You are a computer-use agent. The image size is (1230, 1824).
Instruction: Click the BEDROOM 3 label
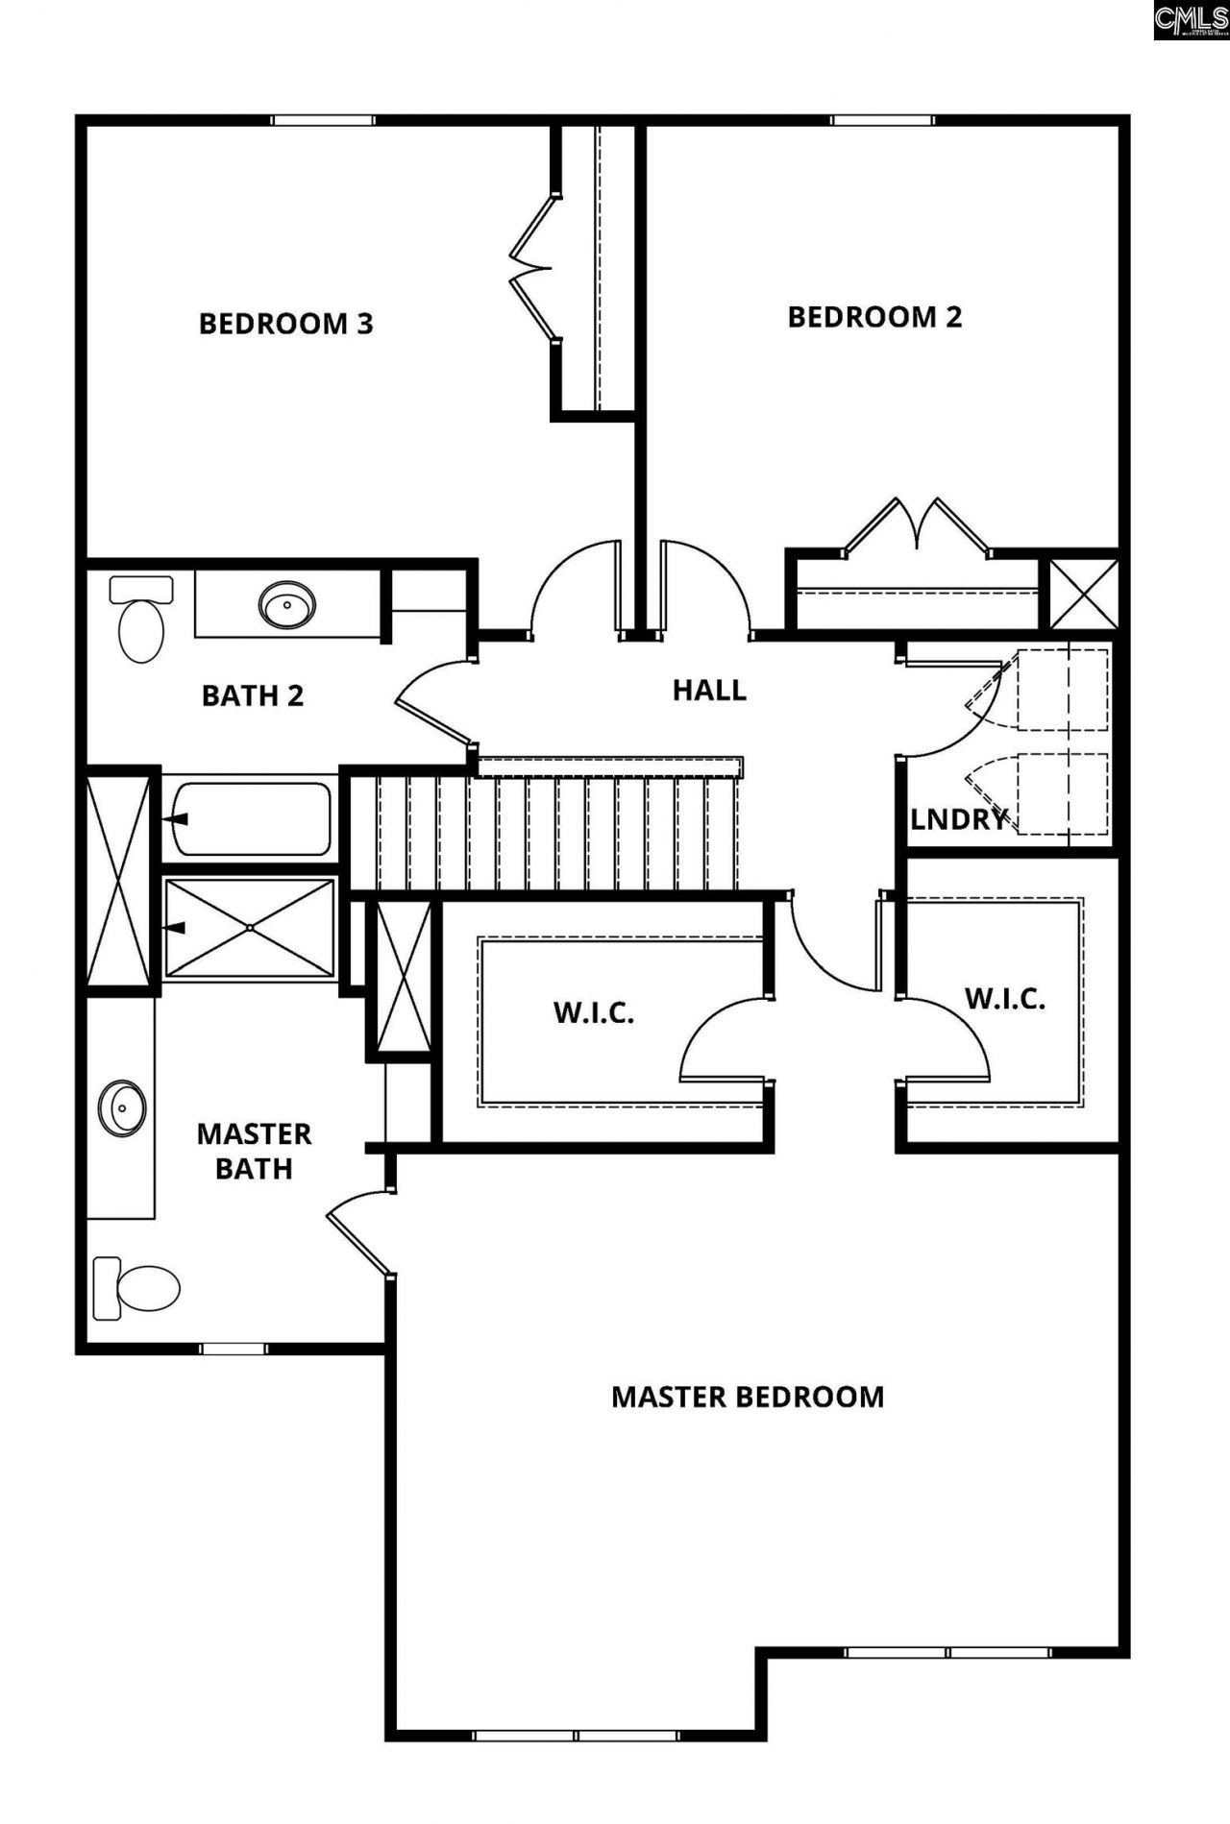(285, 324)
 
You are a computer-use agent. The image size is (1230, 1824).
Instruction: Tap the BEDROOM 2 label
(874, 317)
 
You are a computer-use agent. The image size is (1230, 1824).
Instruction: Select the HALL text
(709, 690)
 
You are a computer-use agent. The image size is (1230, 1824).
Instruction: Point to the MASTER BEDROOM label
(748, 1397)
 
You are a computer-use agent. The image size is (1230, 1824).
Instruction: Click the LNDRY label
(958, 819)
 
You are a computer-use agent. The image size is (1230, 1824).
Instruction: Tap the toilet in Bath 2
(141, 620)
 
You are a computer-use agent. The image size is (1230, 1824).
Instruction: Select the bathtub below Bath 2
(250, 819)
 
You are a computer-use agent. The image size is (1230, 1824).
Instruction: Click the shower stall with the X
(249, 928)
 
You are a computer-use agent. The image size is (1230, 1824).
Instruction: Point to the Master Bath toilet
(136, 1287)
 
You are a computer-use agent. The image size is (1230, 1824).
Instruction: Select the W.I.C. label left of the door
(594, 1012)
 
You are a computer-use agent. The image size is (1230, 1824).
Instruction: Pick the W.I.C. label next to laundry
(1004, 999)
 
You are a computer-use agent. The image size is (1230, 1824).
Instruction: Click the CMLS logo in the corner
(1191, 19)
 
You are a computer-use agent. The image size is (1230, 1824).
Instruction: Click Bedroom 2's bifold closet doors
(918, 526)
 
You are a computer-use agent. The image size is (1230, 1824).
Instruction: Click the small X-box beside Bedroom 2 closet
(1083, 595)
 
